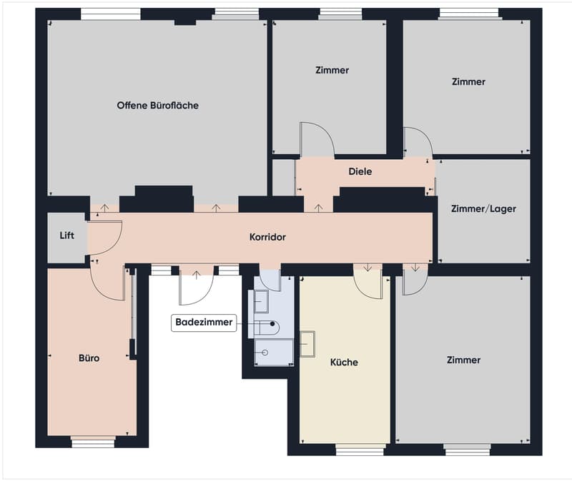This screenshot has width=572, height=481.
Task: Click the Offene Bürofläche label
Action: [157, 105]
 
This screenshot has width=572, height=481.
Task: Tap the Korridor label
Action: [267, 237]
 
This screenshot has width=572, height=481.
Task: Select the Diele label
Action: [360, 171]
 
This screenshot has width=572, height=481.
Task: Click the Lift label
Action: [66, 236]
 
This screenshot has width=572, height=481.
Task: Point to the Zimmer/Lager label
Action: [483, 208]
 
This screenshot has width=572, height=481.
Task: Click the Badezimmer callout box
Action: [204, 323]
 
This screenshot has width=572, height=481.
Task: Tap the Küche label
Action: [344, 363]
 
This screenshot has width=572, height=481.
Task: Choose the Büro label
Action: [89, 358]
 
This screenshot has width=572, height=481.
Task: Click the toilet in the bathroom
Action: [267, 328]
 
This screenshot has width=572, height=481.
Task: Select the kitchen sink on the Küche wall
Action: [307, 344]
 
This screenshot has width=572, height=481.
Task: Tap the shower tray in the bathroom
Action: [274, 352]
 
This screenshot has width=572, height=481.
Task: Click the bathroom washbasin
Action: [261, 301]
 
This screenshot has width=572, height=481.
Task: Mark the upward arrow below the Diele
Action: [318, 208]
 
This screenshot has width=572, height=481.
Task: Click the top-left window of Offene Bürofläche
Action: [110, 14]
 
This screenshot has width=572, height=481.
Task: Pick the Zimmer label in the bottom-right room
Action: [463, 360]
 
